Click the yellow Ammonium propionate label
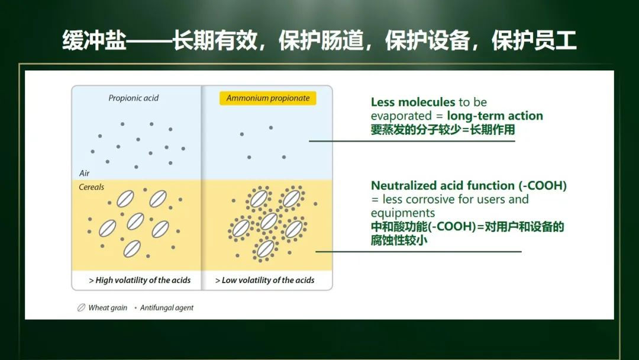(x=268, y=98)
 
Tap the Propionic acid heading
(x=133, y=98)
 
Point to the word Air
(x=85, y=173)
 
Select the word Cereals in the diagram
(x=91, y=187)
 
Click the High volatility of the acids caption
(x=140, y=280)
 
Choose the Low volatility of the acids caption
(x=265, y=280)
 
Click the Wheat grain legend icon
(x=82, y=307)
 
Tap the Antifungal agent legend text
(x=167, y=308)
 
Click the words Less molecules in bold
(x=413, y=102)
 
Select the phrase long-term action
(x=495, y=116)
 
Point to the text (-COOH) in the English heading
(x=543, y=185)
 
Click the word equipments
(x=403, y=213)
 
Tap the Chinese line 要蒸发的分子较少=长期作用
(x=443, y=130)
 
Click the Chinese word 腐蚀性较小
(x=399, y=240)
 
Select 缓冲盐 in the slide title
(x=94, y=40)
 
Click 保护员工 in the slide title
(x=534, y=40)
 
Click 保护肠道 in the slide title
(x=321, y=40)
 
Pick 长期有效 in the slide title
(x=215, y=40)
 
